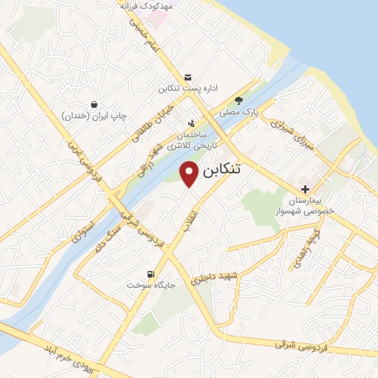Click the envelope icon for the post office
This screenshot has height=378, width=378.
tap(188, 77)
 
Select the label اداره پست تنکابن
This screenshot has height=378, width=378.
tap(188, 89)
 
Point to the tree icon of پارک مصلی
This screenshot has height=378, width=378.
tap(238, 101)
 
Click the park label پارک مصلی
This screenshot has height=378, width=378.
tap(238, 113)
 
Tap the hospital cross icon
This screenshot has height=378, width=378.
tap(305, 190)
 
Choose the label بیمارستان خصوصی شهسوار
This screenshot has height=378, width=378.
tap(310, 205)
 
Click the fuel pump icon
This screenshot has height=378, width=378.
tap(151, 274)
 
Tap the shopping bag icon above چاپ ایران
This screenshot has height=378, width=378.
tap(94, 105)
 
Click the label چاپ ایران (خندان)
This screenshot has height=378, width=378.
tap(94, 117)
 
